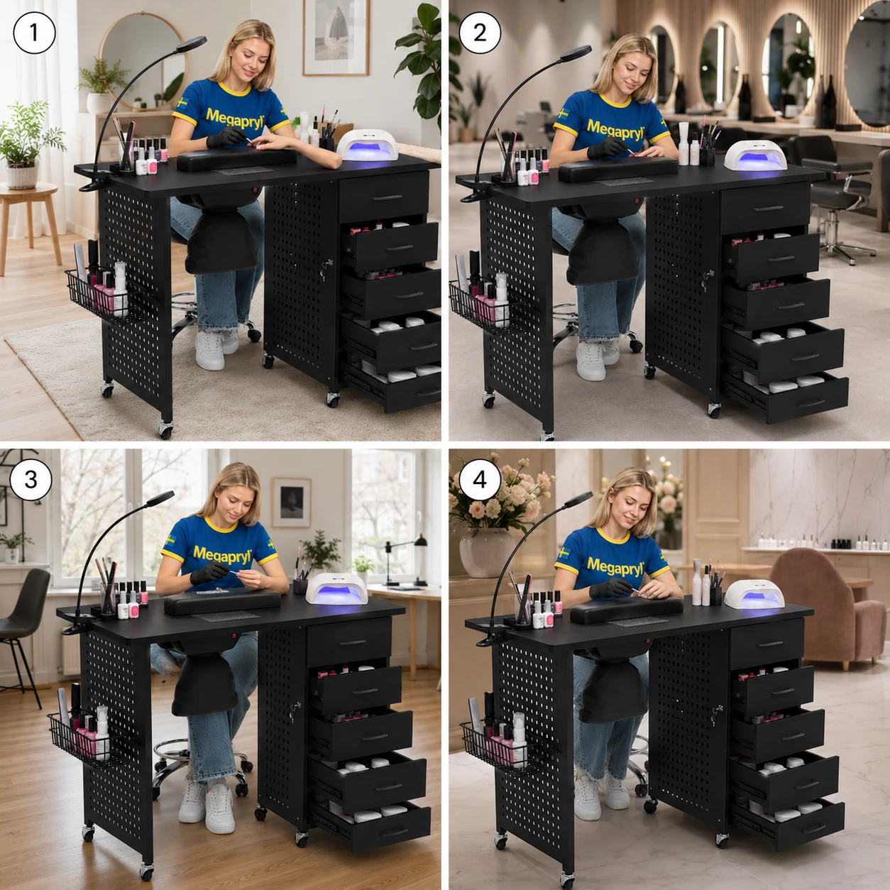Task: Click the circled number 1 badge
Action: tap(34, 33)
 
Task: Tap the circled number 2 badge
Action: tap(479, 33)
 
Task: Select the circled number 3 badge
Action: tap(31, 479)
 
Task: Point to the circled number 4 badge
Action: tap(479, 479)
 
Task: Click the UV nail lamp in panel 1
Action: tap(367, 145)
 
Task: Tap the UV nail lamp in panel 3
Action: tap(336, 589)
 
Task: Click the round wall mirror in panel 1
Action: tap(143, 62)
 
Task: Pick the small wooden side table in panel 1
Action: tap(31, 221)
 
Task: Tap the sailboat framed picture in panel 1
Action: tap(336, 38)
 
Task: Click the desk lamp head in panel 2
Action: tap(576, 53)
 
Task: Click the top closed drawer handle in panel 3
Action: tap(353, 642)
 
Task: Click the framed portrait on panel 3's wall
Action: tap(292, 502)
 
